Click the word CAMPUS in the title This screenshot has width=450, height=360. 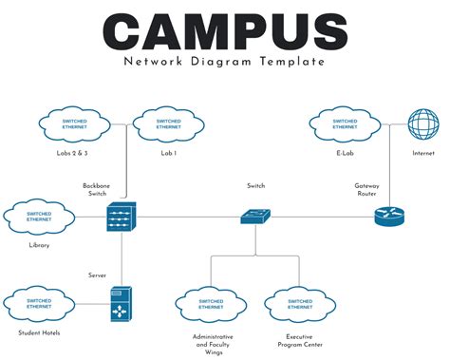click(224, 31)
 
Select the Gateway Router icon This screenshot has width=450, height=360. click(389, 217)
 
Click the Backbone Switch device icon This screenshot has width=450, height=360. click(122, 218)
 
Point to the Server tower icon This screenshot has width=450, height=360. click(122, 305)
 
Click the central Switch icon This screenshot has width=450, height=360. click(255, 218)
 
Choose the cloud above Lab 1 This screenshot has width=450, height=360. click(168, 124)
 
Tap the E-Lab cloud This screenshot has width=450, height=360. click(345, 124)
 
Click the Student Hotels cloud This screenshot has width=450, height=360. click(39, 305)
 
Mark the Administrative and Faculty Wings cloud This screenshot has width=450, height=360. click(211, 305)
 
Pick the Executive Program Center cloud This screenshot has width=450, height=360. click(300, 305)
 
